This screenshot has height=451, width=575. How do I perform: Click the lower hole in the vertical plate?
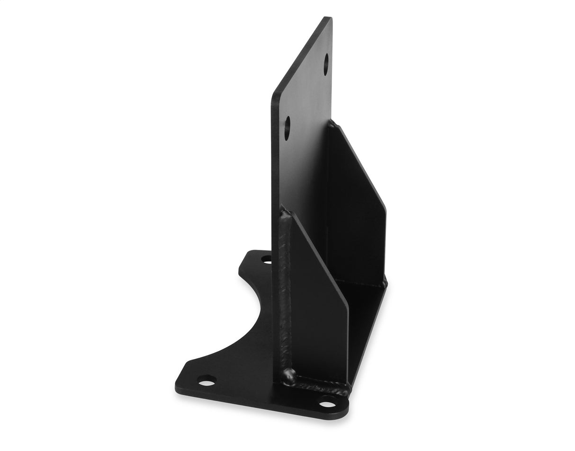click(287, 125)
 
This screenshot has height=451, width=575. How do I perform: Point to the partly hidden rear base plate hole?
click(266, 259)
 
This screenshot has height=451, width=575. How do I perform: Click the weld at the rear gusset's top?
click(332, 124)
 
